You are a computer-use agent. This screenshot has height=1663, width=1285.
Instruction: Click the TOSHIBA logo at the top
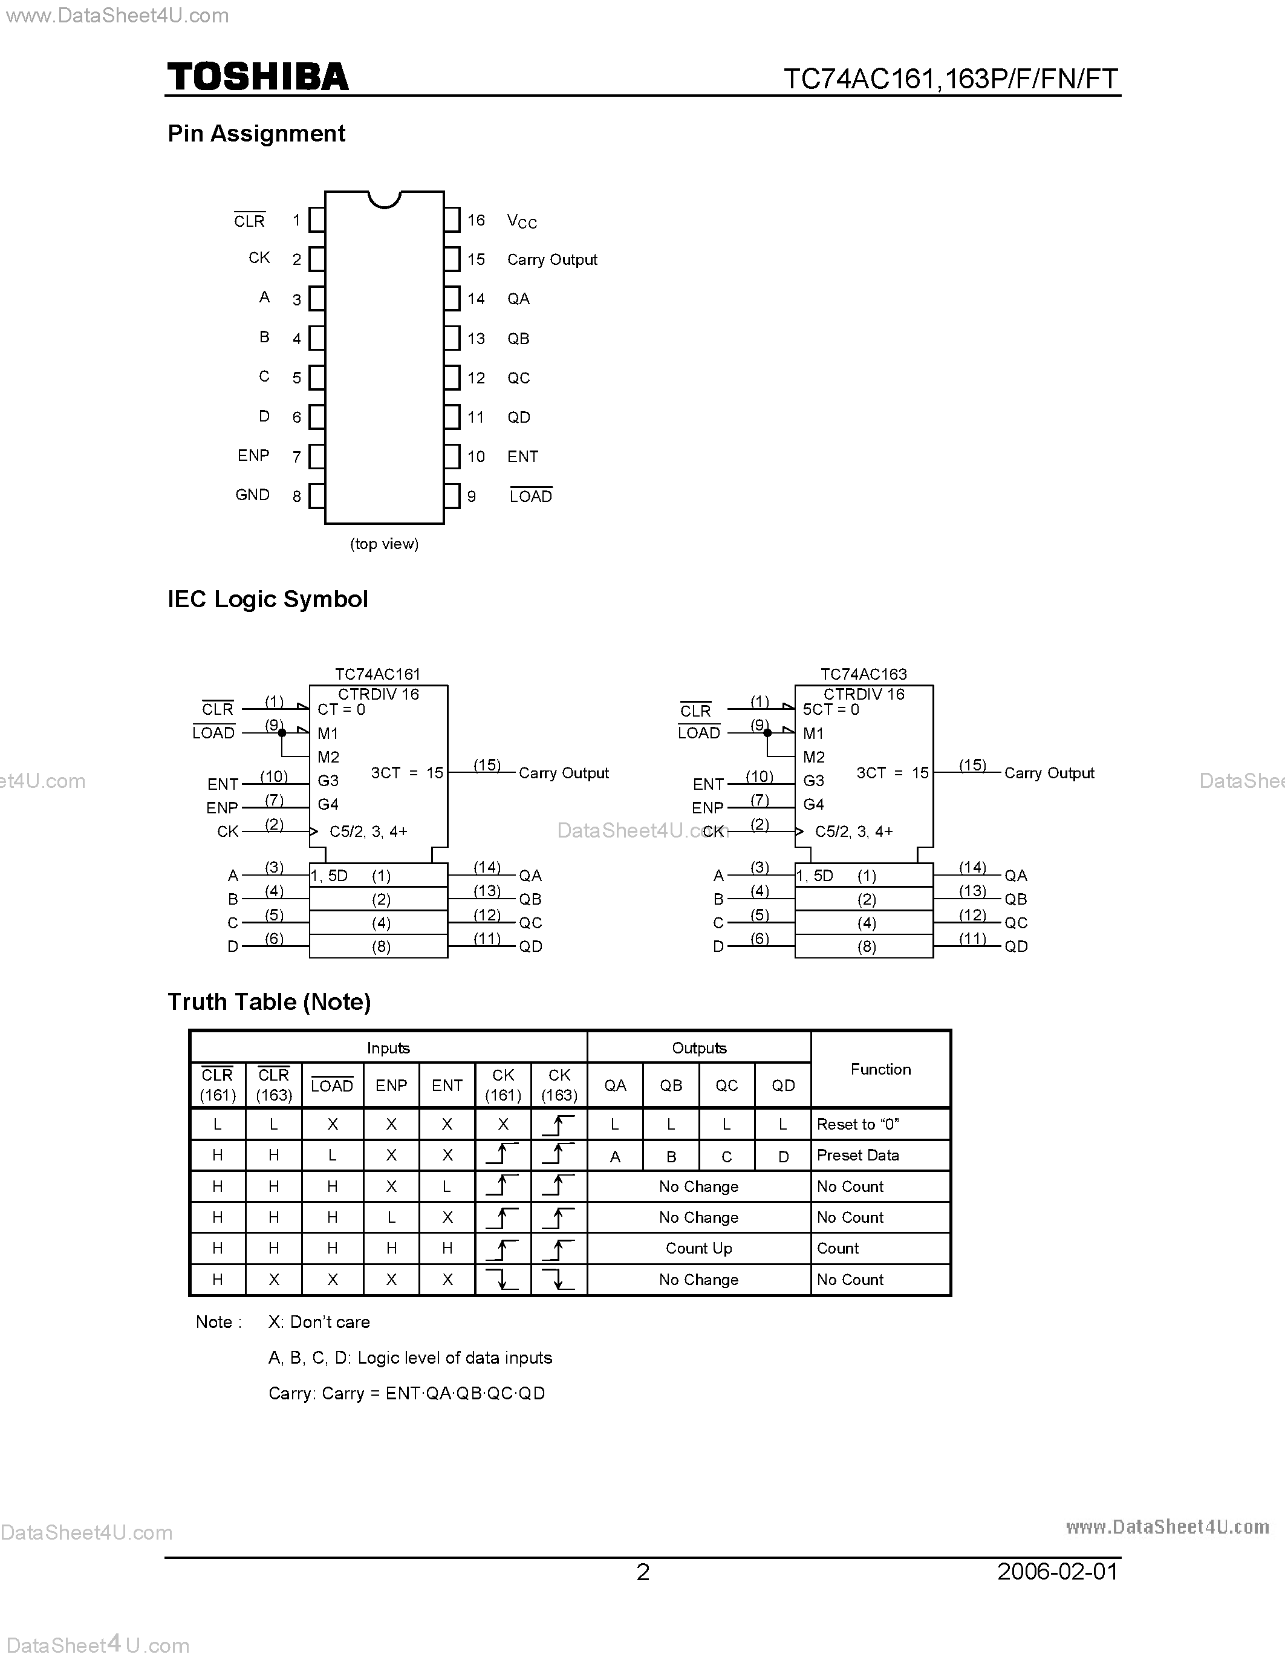258,77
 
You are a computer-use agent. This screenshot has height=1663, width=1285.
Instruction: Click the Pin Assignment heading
256,133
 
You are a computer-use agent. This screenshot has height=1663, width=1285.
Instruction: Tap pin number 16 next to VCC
476,220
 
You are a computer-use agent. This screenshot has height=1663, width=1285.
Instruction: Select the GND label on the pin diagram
252,495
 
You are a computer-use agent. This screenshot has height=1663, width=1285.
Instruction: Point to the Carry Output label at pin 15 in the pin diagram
552,259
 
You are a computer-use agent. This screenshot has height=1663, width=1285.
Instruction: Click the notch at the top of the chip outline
385,199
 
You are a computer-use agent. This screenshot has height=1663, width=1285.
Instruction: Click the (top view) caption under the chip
385,544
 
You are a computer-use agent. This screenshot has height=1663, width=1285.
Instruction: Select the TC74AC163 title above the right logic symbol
864,674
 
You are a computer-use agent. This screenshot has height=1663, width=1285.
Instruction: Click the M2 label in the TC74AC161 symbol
328,757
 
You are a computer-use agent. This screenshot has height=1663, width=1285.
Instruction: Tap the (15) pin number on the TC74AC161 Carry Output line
487,765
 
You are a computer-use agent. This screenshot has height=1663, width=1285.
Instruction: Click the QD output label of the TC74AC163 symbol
1017,946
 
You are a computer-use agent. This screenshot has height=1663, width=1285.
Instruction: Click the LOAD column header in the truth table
332,1086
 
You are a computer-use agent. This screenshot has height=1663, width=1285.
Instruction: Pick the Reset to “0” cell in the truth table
858,1124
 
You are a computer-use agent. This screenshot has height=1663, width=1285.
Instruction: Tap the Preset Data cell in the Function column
858,1155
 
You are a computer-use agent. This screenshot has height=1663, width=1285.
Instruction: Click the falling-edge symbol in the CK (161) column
503,1279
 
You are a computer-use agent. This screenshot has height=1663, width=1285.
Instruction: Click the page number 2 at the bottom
642,1573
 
